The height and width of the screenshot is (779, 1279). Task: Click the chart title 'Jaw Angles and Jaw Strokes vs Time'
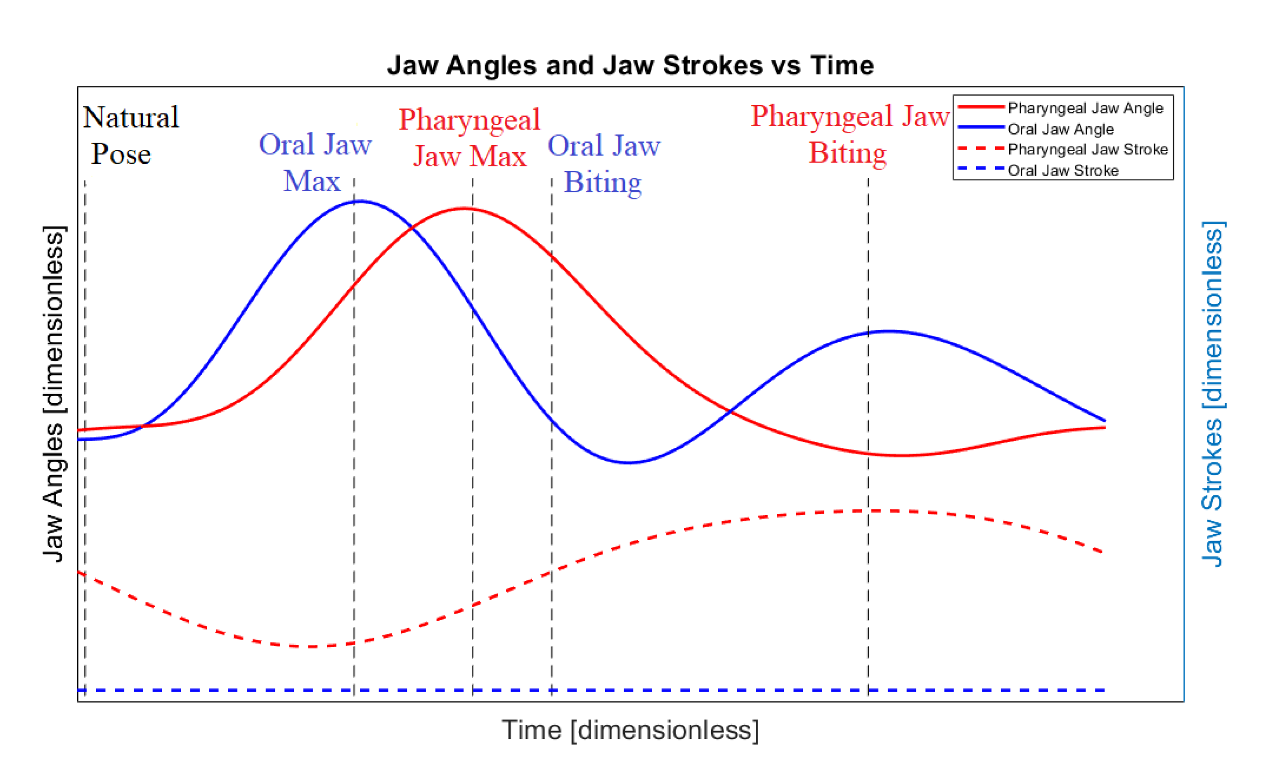(x=630, y=66)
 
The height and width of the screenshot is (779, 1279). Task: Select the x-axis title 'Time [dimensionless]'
(x=630, y=730)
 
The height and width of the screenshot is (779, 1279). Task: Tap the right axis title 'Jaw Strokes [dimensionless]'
(x=1213, y=394)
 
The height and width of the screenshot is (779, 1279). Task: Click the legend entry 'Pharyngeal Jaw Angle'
(x=1085, y=108)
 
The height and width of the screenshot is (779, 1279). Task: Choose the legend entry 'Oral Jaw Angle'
(x=1060, y=129)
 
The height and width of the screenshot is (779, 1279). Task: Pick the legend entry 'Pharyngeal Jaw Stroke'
(x=1087, y=149)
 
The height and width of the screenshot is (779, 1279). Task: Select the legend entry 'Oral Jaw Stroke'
(x=1062, y=170)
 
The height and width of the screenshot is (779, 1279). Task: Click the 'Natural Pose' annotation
(x=130, y=135)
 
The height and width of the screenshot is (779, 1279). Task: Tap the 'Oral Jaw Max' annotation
(x=315, y=162)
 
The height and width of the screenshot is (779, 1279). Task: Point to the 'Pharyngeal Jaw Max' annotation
(x=470, y=138)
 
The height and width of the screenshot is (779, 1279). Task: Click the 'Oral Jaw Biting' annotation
(x=604, y=163)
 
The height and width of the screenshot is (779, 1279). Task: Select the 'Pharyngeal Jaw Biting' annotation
(x=850, y=134)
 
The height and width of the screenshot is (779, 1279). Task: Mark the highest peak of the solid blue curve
(x=360, y=202)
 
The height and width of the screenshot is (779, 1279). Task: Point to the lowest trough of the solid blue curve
(x=629, y=463)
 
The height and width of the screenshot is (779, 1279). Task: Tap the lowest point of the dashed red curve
(x=311, y=647)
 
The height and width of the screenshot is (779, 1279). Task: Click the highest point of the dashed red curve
(x=882, y=511)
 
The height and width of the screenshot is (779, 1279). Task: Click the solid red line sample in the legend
(x=980, y=107)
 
